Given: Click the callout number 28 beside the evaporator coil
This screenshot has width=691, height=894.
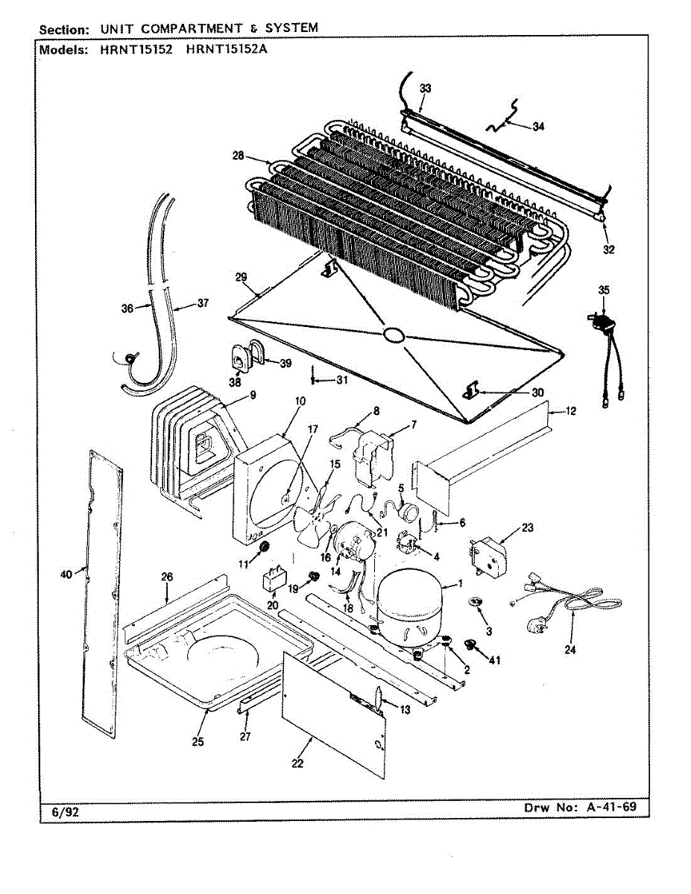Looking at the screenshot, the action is pos(239,156).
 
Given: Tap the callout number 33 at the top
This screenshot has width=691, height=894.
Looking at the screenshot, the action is pos(425,88).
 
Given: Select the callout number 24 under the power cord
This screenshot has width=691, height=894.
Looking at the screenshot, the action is pos(570,650).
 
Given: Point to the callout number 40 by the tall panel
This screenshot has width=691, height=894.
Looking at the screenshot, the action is pos(66,574).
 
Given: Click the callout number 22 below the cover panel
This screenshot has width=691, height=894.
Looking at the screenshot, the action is pos(297,764).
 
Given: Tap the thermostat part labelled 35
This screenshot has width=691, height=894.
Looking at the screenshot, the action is pos(601,320).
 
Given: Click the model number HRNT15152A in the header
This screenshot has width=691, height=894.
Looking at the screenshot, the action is pos(227,49).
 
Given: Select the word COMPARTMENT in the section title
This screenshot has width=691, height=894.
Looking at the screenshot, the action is pos(192,28).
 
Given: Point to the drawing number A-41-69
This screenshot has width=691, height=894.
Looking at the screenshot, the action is pos(611,806).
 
